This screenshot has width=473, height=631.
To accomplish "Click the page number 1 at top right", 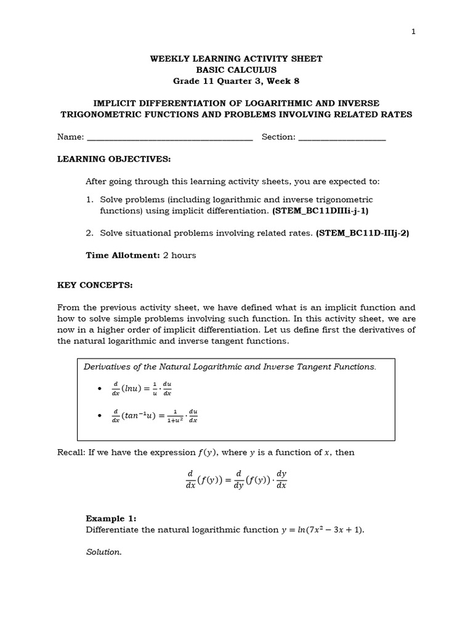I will tap(413, 32).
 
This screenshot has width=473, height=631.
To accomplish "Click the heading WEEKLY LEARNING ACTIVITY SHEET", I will tap(236, 59).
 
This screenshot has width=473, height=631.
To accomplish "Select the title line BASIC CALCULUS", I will tap(236, 70).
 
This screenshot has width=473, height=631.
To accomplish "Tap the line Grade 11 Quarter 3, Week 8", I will tap(236, 81).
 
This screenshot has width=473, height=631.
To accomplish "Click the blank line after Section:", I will tap(342, 137).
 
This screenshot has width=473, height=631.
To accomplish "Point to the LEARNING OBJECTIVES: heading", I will tap(114, 159).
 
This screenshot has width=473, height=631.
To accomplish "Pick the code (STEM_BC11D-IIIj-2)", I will tap(362, 233).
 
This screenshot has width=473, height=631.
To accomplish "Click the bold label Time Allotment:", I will tap(123, 255).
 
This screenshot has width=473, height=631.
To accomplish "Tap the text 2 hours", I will tap(179, 255).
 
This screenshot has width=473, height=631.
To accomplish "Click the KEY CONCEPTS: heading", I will tap(95, 286).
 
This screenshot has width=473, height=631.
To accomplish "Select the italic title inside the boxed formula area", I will tap(229, 367).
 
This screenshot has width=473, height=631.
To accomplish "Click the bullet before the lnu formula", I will tap(100, 389).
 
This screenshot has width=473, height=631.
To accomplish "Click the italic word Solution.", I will tap(103, 552).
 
